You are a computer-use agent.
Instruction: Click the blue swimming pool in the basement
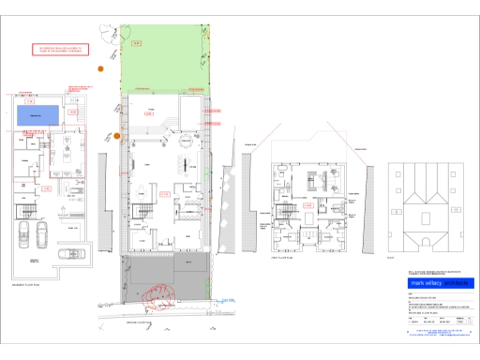[37, 114]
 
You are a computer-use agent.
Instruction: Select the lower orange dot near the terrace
[117, 136]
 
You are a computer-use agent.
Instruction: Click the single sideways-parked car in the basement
[69, 253]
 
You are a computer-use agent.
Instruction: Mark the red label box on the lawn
[137, 43]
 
